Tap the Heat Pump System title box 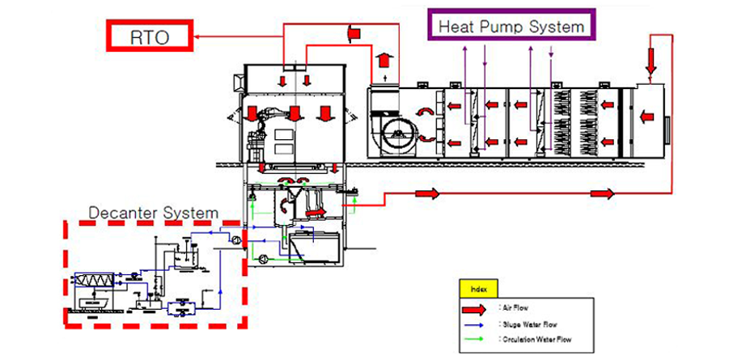click(511, 25)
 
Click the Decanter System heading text click(153, 213)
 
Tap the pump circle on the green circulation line click(264, 258)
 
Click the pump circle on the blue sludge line click(235, 239)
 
